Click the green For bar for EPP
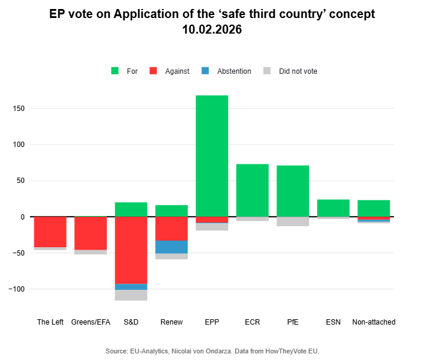pos(212,156)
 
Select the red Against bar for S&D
pos(131,250)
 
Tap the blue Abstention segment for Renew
pos(172,247)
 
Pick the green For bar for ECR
pos(252,190)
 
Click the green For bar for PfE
pos(293,191)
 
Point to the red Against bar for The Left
pos(50,232)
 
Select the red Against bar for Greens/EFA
pos(91,233)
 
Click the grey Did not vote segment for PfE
pos(293,221)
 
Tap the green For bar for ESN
pos(333,208)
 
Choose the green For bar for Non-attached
pos(374,208)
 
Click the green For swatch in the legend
pos(115,71)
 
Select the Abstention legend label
pos(234,71)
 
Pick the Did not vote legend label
pos(298,71)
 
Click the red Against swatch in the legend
pos(154,71)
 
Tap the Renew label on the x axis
pos(172,322)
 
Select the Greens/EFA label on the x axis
pos(91,322)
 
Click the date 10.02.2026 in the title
pos(212,29)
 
